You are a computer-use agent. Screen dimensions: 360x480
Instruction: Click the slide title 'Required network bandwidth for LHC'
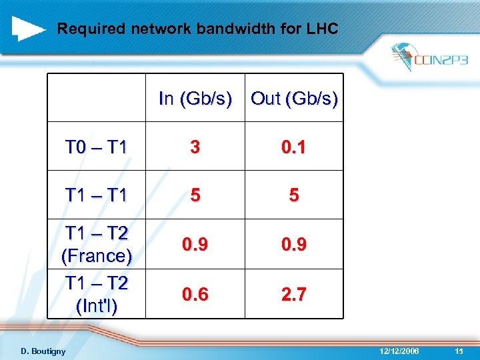(x=198, y=29)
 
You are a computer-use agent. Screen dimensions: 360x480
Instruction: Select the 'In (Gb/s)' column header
(x=195, y=99)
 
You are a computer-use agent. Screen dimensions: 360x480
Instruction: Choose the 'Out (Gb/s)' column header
(x=294, y=99)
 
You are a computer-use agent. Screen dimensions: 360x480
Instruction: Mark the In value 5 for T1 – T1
(x=195, y=196)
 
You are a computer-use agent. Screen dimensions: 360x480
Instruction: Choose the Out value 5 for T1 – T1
(x=293, y=196)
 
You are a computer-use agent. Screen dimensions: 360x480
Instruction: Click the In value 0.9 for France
(x=195, y=245)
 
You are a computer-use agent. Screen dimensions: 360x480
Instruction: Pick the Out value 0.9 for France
(x=293, y=245)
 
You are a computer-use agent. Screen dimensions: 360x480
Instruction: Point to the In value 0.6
(x=195, y=294)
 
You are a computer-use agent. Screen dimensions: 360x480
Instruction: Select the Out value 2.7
(x=293, y=294)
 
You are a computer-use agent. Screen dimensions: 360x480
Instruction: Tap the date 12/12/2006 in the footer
(x=398, y=351)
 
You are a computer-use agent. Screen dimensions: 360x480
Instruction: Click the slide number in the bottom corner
(x=459, y=351)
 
